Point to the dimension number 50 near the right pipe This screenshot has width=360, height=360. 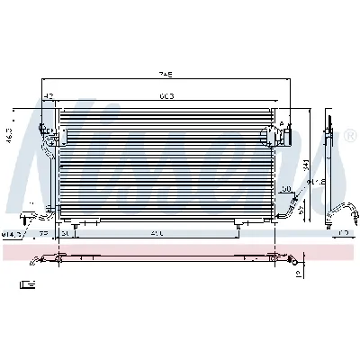click(x=284, y=190)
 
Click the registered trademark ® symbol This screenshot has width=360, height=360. click(x=350, y=136)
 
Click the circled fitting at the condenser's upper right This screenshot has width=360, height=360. click(x=269, y=135)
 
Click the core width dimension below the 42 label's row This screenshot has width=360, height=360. click(x=166, y=95)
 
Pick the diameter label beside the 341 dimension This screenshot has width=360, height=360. click(x=314, y=185)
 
